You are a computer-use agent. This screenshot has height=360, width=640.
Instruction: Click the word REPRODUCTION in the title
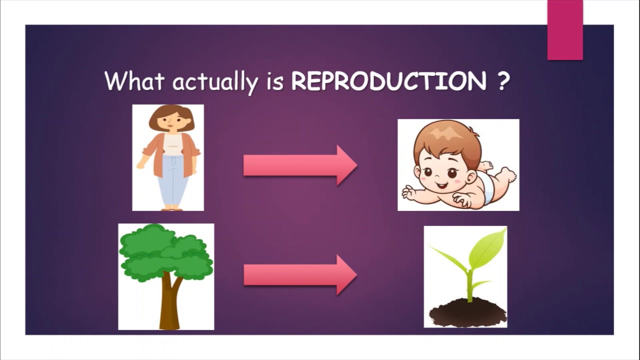[x=388, y=81]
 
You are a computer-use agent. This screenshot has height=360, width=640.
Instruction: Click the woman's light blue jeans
[x=172, y=180]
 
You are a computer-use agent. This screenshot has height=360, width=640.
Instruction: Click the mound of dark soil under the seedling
[x=468, y=312]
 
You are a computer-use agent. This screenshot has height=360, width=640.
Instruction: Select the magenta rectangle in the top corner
[x=565, y=30]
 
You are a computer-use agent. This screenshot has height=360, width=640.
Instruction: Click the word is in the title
[x=274, y=81]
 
